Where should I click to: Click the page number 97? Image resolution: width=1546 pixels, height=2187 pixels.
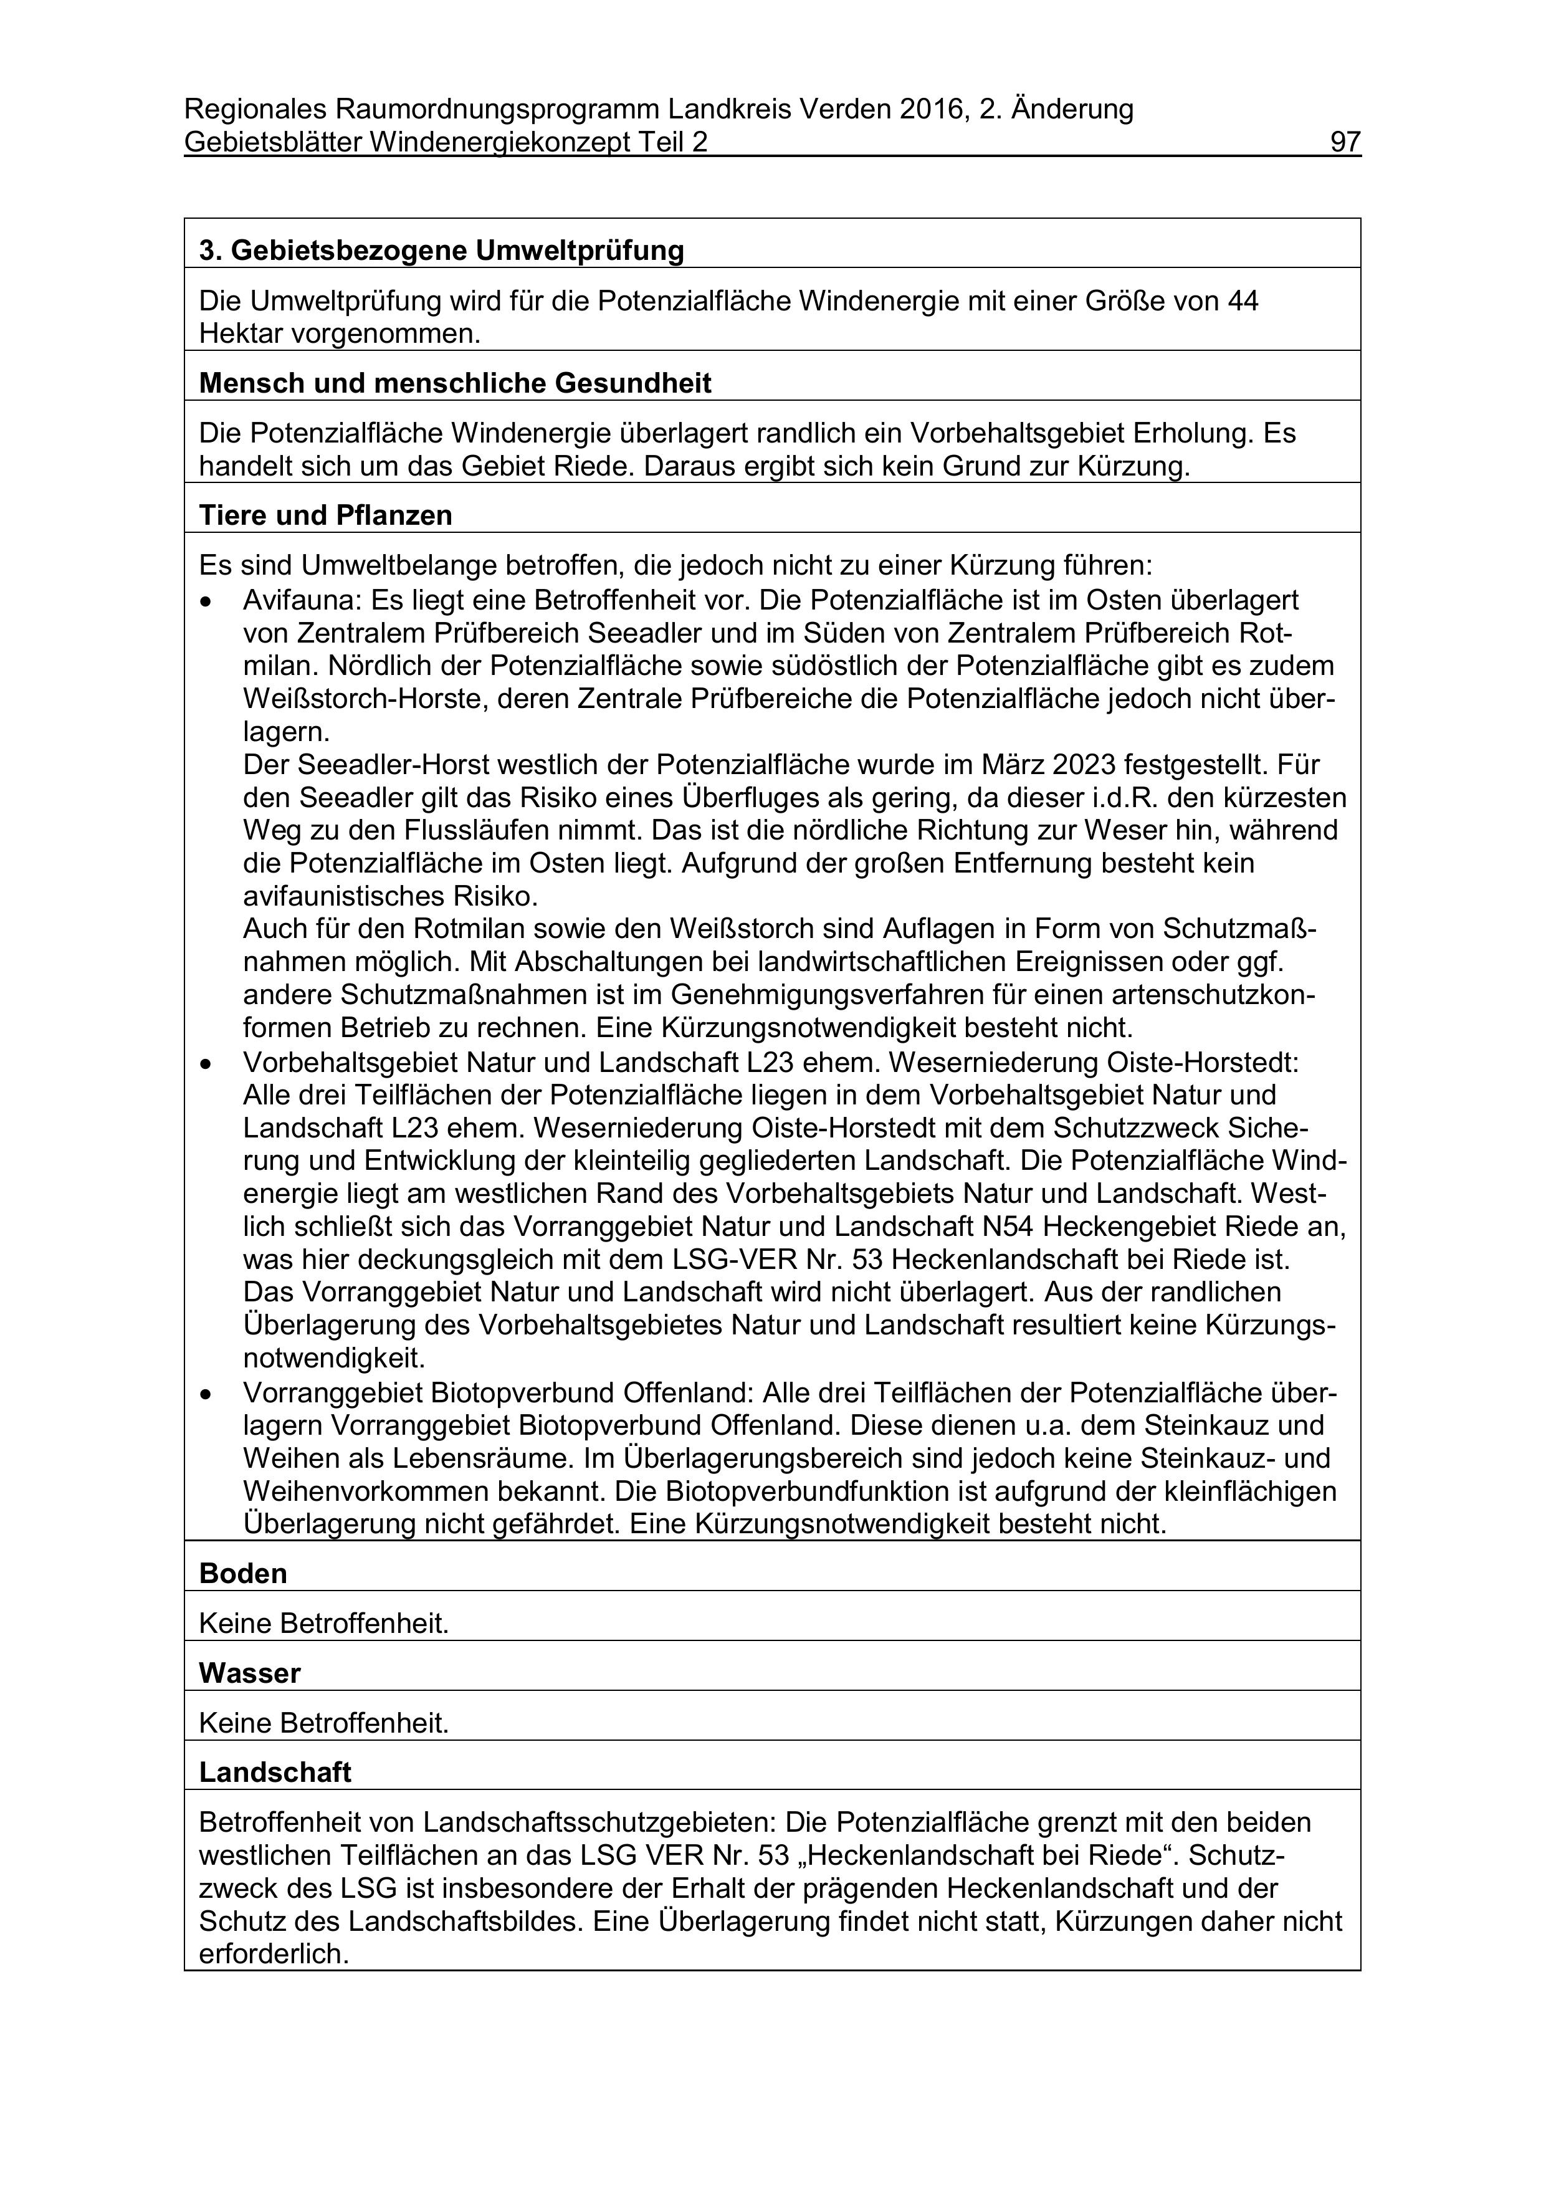(x=1345, y=142)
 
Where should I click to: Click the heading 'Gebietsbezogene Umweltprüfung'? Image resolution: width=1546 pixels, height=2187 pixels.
(x=457, y=251)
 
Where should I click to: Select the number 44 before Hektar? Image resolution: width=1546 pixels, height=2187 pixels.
(x=1242, y=301)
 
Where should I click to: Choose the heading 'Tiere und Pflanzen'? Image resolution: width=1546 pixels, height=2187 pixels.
(x=326, y=515)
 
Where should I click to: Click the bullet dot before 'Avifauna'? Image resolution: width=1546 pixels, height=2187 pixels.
(x=206, y=602)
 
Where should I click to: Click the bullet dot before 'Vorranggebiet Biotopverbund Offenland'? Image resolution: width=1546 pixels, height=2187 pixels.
(x=206, y=1394)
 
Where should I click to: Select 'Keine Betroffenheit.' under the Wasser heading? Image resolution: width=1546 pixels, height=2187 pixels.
(x=324, y=1723)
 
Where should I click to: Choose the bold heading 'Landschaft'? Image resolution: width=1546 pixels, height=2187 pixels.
(x=275, y=1773)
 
